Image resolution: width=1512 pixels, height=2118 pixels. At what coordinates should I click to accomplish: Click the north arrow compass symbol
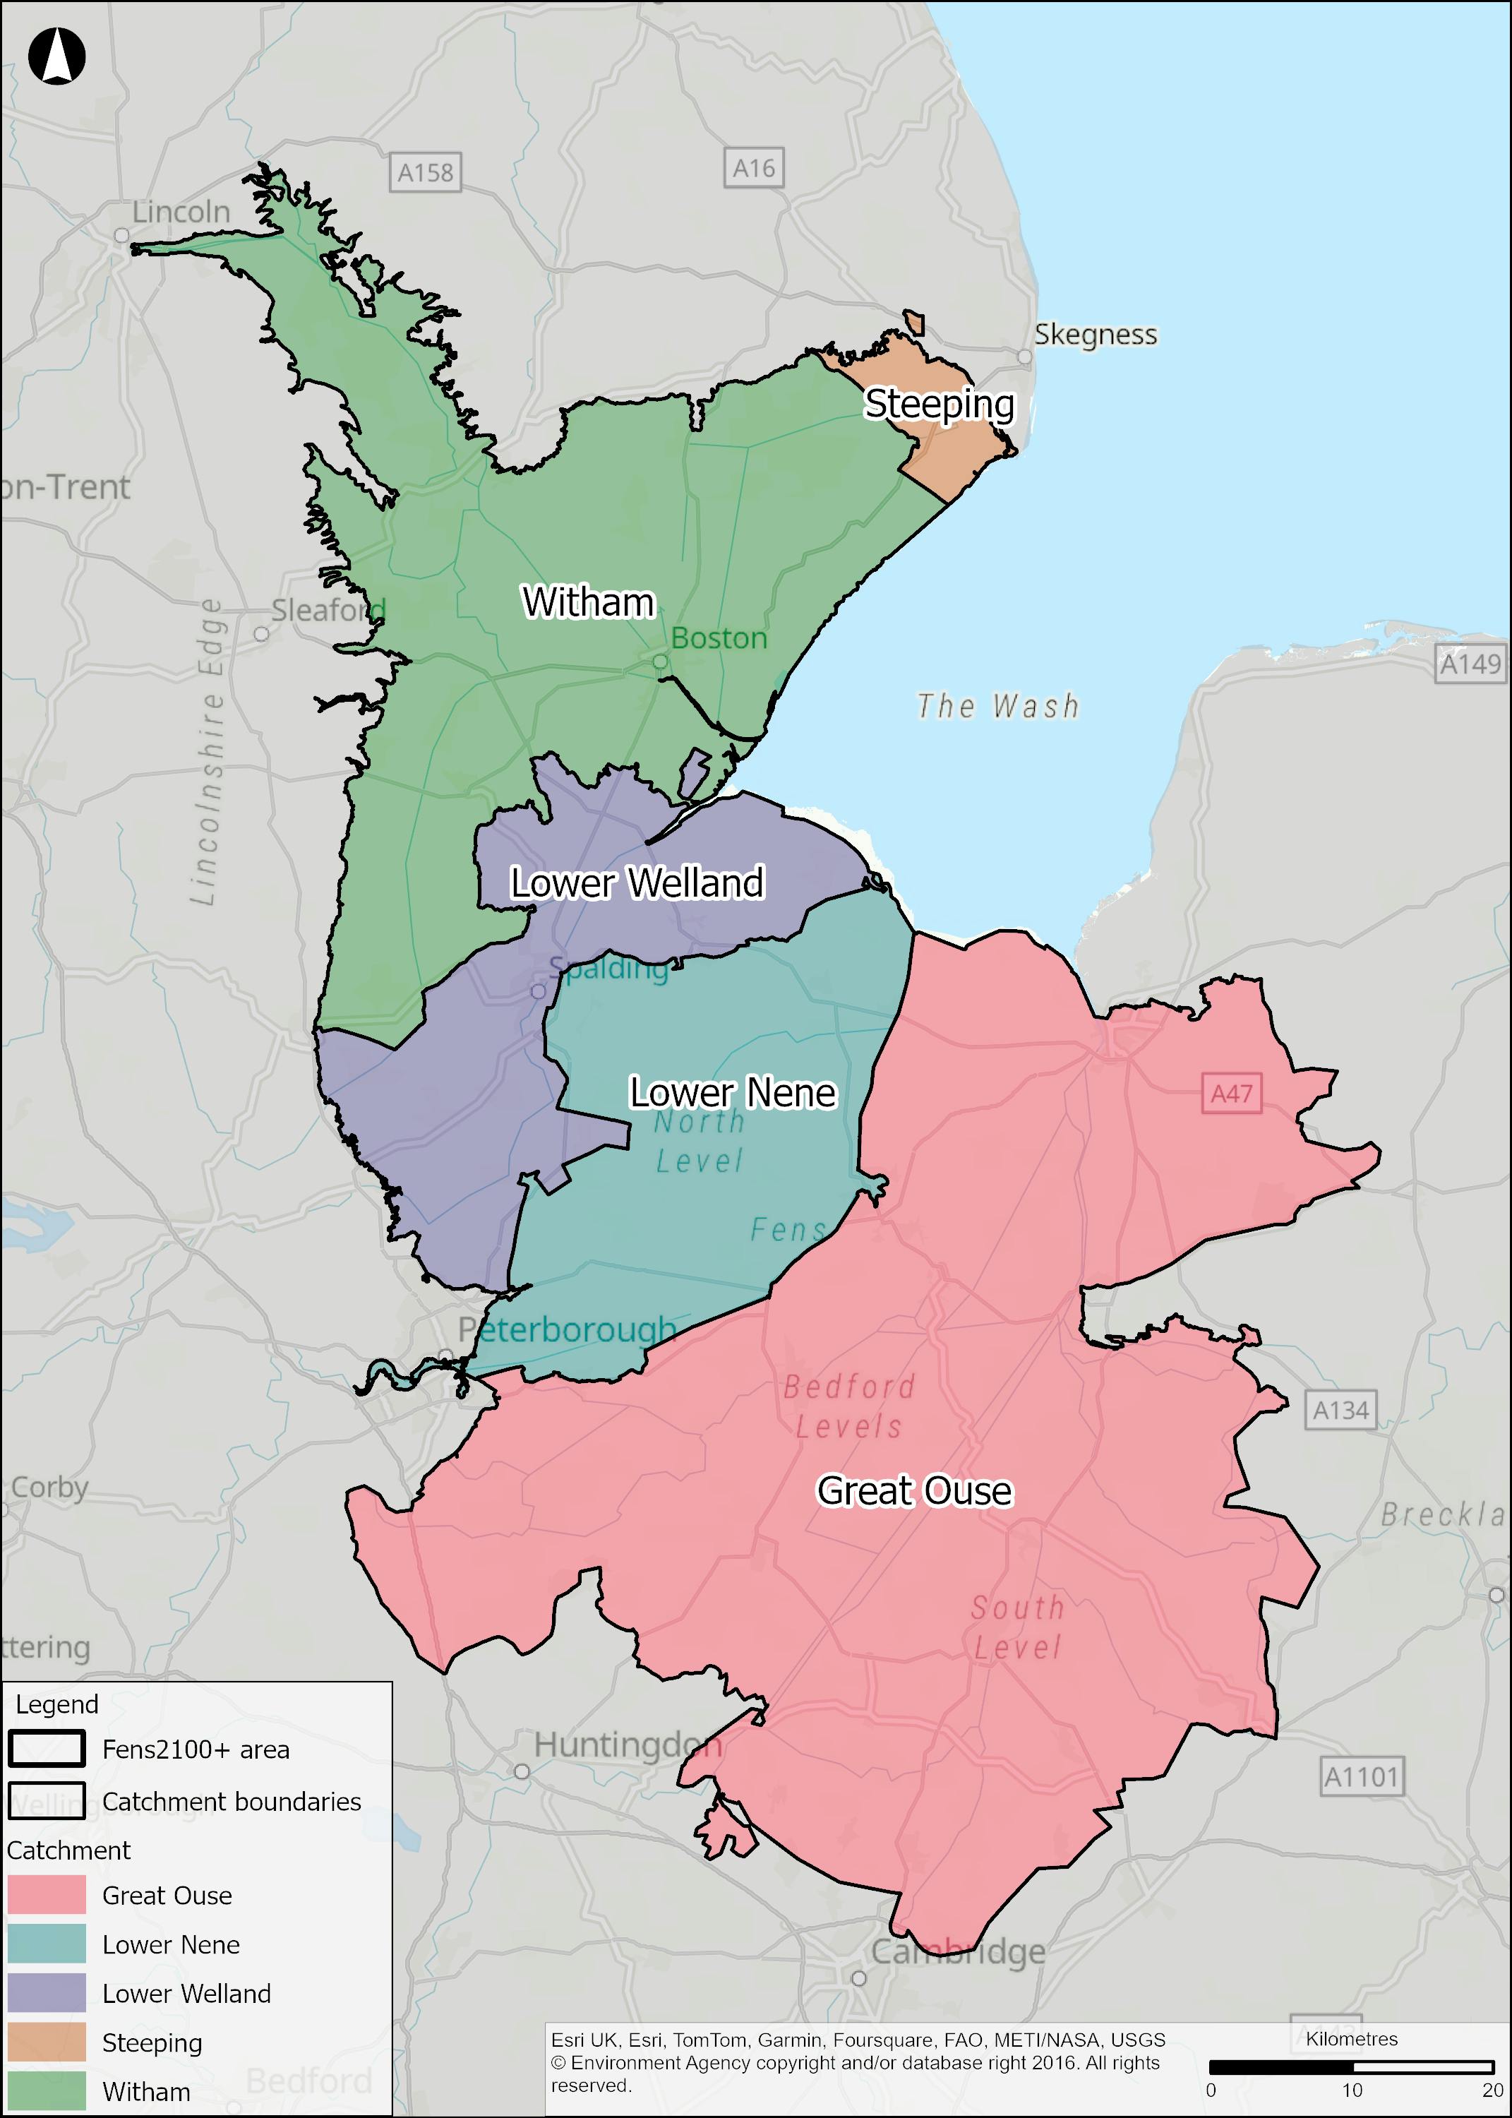pyautogui.click(x=56, y=56)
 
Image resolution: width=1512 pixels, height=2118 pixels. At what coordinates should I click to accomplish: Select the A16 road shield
pyautogui.click(x=753, y=169)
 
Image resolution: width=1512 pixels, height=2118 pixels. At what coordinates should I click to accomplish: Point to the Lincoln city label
pyautogui.click(x=181, y=213)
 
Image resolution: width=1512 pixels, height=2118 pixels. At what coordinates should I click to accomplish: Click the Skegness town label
pyautogui.click(x=1095, y=334)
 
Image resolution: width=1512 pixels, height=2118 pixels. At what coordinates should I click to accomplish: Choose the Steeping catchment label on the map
pyautogui.click(x=940, y=404)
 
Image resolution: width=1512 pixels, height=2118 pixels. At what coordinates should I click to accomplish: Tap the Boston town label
pyautogui.click(x=719, y=639)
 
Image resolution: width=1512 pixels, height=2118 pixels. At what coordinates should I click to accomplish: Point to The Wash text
pyautogui.click(x=998, y=707)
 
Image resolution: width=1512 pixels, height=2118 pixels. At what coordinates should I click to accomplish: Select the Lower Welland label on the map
pyautogui.click(x=637, y=882)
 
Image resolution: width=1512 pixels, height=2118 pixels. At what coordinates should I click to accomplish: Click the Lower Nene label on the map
pyautogui.click(x=733, y=1092)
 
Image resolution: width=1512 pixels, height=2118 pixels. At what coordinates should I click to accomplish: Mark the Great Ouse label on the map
pyautogui.click(x=914, y=1490)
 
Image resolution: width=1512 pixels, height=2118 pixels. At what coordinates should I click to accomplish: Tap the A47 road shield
pyautogui.click(x=1231, y=1094)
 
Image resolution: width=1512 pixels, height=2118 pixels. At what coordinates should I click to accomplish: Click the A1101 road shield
pyautogui.click(x=1361, y=1777)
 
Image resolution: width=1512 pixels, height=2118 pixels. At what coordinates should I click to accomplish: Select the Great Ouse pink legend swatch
pyautogui.click(x=47, y=1896)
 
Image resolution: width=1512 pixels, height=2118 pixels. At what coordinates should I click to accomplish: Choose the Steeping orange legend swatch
pyautogui.click(x=47, y=2042)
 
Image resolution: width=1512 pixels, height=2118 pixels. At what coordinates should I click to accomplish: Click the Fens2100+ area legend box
pyautogui.click(x=47, y=1749)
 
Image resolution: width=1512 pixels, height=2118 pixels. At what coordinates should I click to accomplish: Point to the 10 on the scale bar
pyautogui.click(x=1351, y=2090)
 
